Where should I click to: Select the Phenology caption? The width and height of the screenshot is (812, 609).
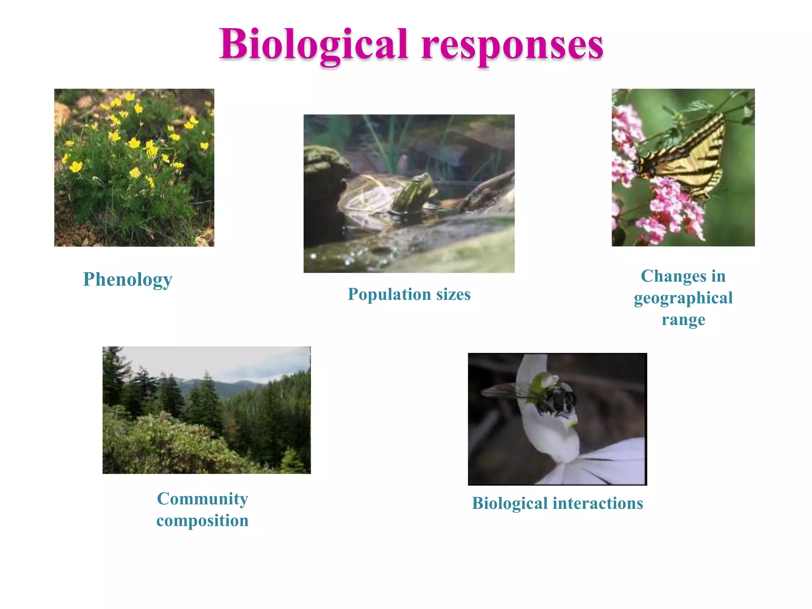click(x=128, y=280)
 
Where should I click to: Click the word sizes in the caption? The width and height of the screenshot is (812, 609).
click(x=453, y=294)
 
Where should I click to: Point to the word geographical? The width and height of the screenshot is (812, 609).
click(x=683, y=298)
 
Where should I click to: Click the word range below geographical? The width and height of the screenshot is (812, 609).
click(x=683, y=320)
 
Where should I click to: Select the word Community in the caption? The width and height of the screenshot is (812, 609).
click(x=203, y=499)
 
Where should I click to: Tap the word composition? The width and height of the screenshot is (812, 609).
click(x=203, y=521)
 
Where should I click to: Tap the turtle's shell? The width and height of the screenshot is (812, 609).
click(x=367, y=194)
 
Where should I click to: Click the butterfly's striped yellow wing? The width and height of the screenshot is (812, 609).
click(x=694, y=159)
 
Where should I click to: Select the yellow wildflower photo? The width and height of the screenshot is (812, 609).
click(x=134, y=167)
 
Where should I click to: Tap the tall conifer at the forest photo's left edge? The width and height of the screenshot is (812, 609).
click(x=113, y=377)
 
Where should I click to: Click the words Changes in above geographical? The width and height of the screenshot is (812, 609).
click(x=683, y=276)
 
